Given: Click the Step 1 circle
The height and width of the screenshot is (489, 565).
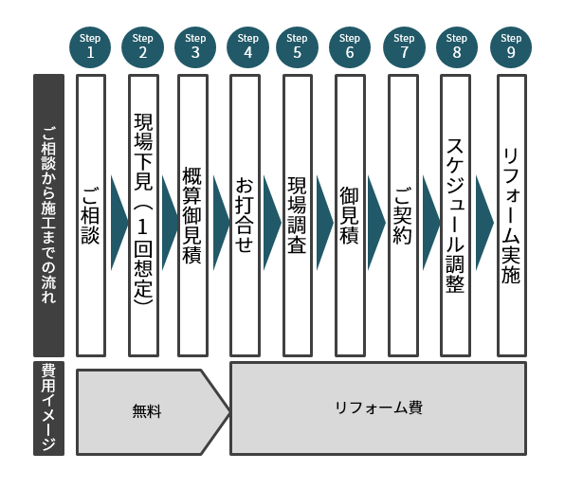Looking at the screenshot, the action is coord(90,47).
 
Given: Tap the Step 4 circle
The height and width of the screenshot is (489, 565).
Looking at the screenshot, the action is coord(248,47).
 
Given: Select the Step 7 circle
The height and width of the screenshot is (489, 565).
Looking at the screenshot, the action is coord(404,47).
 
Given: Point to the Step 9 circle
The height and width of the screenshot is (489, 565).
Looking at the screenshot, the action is coord(511,47).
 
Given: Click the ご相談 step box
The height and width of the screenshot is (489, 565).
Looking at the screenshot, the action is coord(91,216).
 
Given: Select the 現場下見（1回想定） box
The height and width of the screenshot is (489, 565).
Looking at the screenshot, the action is coord(144,216).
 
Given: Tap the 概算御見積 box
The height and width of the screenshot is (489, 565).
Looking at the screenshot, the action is coord(192,216).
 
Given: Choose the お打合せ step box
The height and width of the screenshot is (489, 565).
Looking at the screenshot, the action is coord(245,216).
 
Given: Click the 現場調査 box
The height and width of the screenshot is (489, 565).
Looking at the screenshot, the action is coord(298,216).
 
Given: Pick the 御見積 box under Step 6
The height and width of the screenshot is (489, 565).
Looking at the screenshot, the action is coord(350,216).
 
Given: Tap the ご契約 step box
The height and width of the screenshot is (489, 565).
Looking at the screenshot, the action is coord(403,216).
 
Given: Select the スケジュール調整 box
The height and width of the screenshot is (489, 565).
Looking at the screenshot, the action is coord(455,216).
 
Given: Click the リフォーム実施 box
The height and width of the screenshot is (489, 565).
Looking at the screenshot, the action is coord(512,216).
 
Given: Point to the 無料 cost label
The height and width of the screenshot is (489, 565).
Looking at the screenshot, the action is coord(146,411).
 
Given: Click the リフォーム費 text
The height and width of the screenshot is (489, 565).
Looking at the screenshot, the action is coord(378,408).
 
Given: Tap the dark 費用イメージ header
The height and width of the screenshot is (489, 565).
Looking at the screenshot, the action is coord(48,408).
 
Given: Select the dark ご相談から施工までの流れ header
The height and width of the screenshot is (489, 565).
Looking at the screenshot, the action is coord(48,216).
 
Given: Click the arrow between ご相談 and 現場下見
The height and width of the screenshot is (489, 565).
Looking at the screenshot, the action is coord(119,223).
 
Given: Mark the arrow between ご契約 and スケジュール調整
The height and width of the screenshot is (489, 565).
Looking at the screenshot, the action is coord(431,223).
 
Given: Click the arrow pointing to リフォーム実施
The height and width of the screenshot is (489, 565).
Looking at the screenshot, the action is coord(484,223).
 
